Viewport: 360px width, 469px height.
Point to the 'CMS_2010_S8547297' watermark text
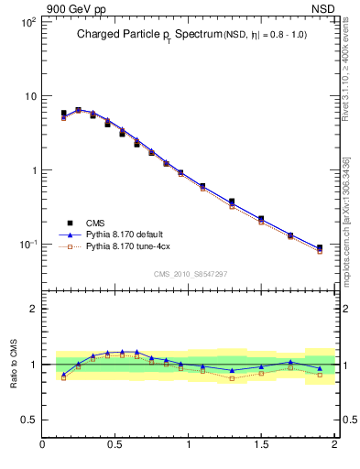[190, 274]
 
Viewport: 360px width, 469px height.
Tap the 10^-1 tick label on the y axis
[27, 245]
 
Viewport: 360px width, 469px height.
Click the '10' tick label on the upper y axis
[29, 96]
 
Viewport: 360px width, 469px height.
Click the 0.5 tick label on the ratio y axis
[27, 420]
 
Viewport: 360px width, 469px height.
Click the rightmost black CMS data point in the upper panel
[320, 247]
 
